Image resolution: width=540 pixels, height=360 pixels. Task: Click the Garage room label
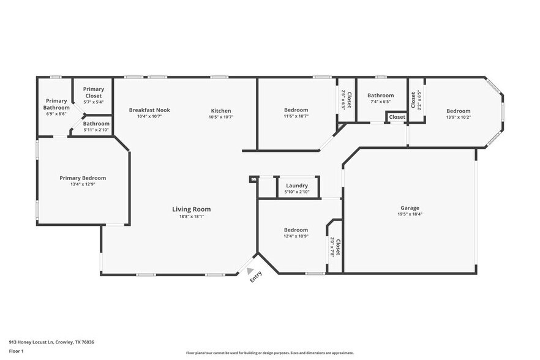pyautogui.click(x=410, y=208)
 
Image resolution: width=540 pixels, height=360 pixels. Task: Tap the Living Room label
pyautogui.click(x=191, y=209)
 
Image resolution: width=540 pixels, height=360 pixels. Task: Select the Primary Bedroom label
pyautogui.click(x=83, y=178)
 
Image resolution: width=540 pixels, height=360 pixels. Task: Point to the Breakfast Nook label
pyautogui.click(x=149, y=110)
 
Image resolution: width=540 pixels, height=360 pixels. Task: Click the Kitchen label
pyautogui.click(x=221, y=111)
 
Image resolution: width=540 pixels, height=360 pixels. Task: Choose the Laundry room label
pyautogui.click(x=297, y=186)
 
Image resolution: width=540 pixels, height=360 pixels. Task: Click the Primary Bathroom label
pyautogui.click(x=56, y=104)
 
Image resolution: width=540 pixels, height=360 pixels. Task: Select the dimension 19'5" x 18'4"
pyautogui.click(x=410, y=214)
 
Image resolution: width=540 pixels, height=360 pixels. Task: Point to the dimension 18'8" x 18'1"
pyautogui.click(x=191, y=216)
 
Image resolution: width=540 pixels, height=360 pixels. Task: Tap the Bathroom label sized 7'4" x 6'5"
pyautogui.click(x=380, y=96)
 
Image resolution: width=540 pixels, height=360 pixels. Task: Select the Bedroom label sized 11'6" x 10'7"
pyautogui.click(x=296, y=110)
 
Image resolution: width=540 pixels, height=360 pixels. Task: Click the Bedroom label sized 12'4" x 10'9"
pyautogui.click(x=296, y=230)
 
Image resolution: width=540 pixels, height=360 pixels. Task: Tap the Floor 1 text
pyautogui.click(x=17, y=351)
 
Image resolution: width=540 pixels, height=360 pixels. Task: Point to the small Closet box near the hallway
pyautogui.click(x=397, y=117)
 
